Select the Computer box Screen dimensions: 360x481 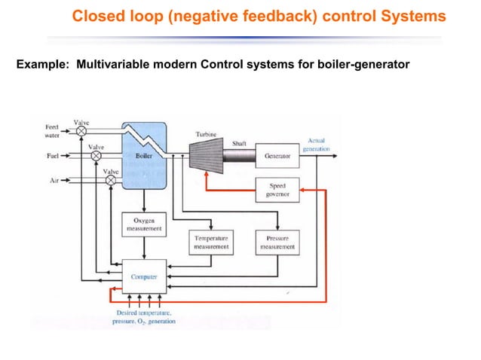point(144,276)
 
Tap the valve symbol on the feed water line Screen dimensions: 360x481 point(81,130)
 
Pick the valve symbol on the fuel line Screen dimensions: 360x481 point(96,156)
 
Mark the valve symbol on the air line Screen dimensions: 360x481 point(111,181)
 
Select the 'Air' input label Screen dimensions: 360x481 point(54,181)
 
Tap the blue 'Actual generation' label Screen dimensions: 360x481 point(315,145)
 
